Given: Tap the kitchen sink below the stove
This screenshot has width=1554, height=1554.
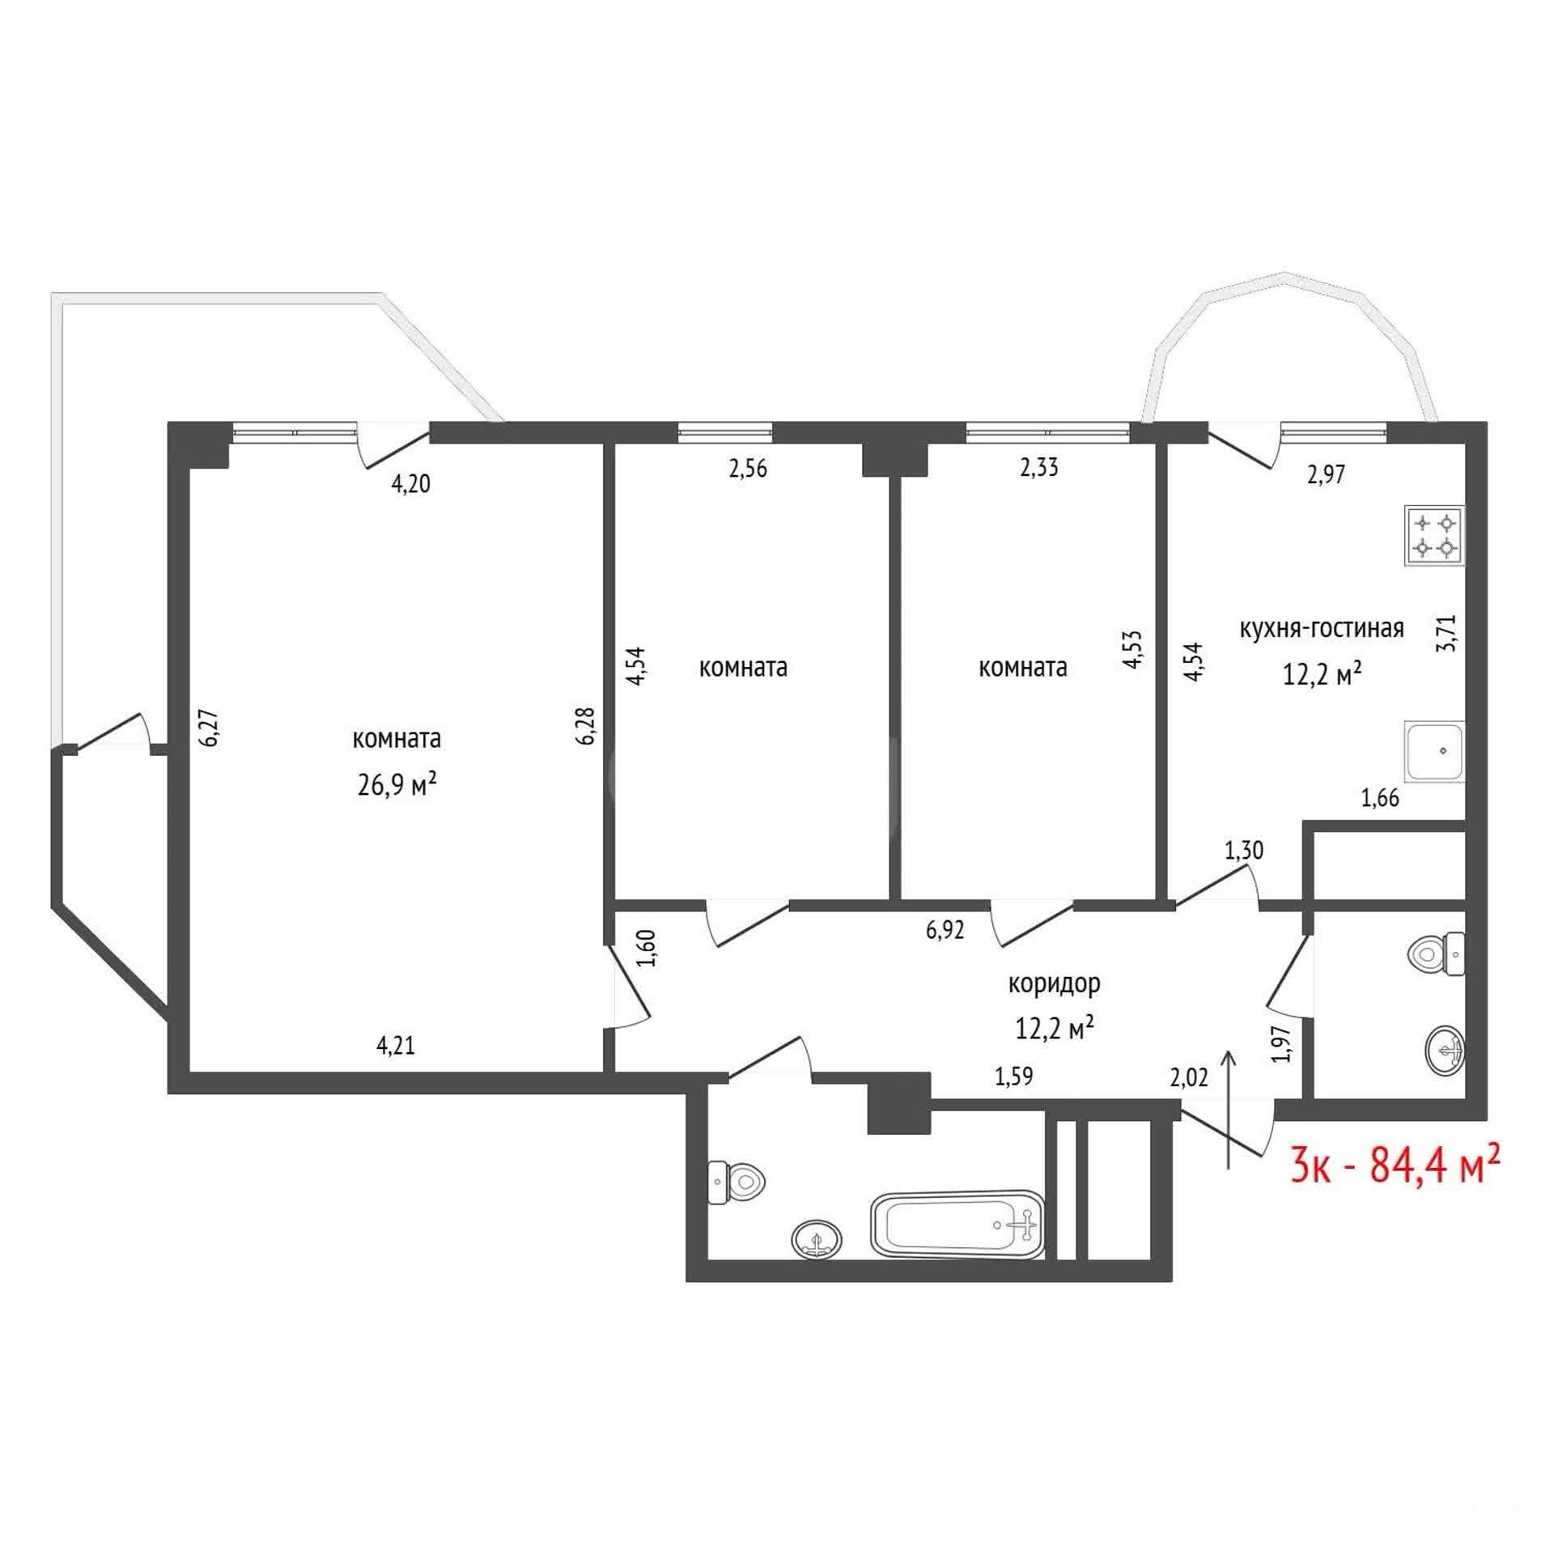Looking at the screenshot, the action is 1435,751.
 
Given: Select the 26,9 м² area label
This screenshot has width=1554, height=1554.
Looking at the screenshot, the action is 397,784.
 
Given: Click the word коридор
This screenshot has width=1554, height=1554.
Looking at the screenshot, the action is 1054,983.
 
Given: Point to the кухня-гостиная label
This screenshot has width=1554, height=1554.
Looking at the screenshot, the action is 1322,628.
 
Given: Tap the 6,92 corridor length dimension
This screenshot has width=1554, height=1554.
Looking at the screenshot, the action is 945,931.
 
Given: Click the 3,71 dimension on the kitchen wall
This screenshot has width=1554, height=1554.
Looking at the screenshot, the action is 1447,634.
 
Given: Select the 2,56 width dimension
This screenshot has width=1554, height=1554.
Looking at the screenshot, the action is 748,469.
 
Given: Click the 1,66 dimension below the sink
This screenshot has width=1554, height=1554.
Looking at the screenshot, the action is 1380,799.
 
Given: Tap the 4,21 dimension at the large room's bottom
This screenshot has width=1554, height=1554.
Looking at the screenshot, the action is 396,1046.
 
